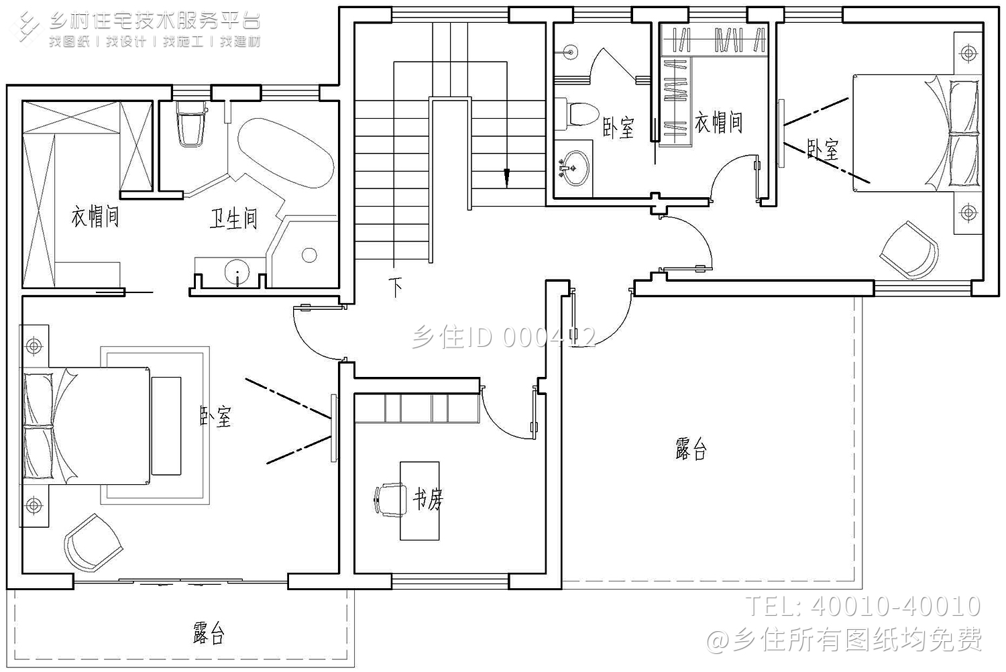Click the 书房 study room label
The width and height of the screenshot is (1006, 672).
[x=428, y=498]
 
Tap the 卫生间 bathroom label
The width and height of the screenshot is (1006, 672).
[x=233, y=219]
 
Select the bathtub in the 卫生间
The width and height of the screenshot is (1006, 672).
[x=286, y=154]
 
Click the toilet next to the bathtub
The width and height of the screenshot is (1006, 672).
[x=190, y=124]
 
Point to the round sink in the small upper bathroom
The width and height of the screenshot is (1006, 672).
[x=574, y=169]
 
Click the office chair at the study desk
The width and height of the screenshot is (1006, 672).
[x=388, y=500]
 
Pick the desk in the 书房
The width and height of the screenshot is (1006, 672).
[x=420, y=500]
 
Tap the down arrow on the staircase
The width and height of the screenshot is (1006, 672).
[x=507, y=177]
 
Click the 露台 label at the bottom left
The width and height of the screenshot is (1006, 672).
[x=209, y=632]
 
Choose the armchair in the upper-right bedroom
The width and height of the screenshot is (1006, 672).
[x=909, y=249]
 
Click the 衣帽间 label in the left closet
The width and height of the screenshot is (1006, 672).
[x=95, y=217]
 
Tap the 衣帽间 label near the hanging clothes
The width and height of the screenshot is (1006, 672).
[x=718, y=122]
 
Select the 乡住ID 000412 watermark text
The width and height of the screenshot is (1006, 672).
[x=503, y=337]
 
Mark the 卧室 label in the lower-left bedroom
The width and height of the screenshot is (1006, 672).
[x=216, y=416]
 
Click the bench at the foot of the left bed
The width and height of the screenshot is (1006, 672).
[x=166, y=426]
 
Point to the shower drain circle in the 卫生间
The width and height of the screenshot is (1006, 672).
[x=309, y=255]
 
